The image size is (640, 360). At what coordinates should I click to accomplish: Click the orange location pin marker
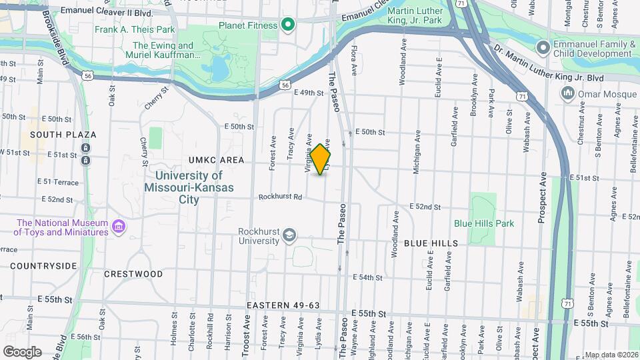pos(321,159)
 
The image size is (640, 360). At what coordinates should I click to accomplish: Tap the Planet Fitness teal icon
pos(288,25)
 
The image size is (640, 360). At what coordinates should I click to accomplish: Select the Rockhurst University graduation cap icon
pos(289,234)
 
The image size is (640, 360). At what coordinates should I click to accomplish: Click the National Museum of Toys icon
pos(119,227)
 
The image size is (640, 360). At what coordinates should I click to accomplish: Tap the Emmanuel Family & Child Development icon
pos(543,47)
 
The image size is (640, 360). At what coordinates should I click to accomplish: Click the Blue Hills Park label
pos(484,223)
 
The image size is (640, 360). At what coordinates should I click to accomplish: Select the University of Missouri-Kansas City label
pos(189,187)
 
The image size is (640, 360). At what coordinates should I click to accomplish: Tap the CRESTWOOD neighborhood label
pos(133,274)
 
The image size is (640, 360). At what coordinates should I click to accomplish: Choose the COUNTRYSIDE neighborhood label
pos(43,265)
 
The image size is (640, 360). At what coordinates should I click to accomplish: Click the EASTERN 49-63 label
pos(283,305)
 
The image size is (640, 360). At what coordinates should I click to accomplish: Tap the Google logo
pos(22,351)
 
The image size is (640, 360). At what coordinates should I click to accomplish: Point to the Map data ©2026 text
pos(611,355)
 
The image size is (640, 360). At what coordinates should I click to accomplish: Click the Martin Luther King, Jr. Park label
pos(415,15)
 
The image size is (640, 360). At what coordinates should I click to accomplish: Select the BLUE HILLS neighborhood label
pos(431,243)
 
